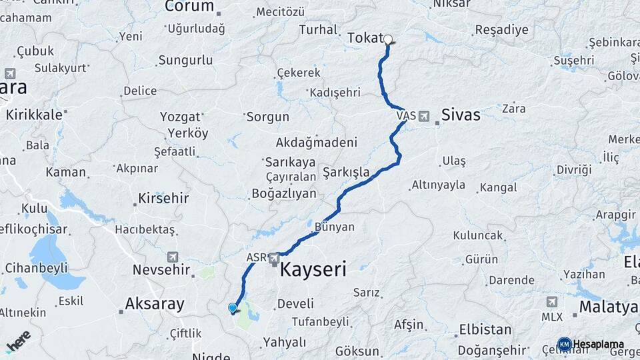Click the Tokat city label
365,39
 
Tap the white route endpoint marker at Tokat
387,39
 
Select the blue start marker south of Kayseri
232,308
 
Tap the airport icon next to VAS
423,116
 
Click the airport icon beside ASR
273,257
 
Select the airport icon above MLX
551,302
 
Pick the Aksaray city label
155,305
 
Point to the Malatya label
609,307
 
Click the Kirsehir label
163,198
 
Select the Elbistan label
485,329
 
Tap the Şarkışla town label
345,172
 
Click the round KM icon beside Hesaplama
564,344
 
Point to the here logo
18,341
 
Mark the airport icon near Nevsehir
173,257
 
